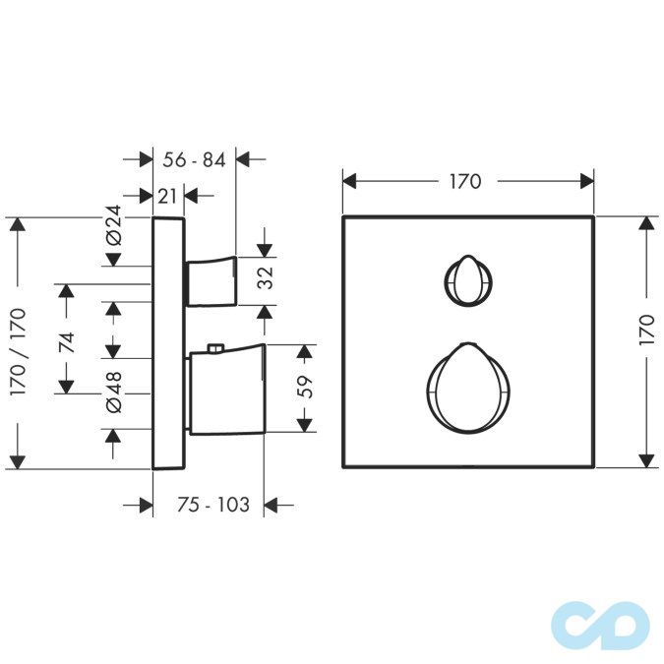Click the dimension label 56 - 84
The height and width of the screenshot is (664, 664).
[194, 160]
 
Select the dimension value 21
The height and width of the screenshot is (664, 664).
[167, 196]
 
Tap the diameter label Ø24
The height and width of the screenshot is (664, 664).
[113, 225]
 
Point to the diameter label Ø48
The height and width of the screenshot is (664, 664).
[113, 392]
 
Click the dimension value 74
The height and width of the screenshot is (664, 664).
[67, 342]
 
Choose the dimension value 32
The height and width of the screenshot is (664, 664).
[266, 278]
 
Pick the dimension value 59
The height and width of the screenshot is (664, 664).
[305, 387]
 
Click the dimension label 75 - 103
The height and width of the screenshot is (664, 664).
[213, 505]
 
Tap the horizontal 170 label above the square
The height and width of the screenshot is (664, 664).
[465, 182]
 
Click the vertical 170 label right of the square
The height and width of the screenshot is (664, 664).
[647, 330]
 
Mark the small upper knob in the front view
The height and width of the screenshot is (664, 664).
[468, 279]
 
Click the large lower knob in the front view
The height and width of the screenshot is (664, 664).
[468, 389]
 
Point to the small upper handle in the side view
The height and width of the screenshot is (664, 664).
[211, 280]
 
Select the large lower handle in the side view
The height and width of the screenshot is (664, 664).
[227, 390]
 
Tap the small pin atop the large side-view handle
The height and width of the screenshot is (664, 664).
[216, 348]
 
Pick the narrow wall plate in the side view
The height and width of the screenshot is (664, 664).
[168, 343]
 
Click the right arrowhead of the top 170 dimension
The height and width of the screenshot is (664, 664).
[587, 182]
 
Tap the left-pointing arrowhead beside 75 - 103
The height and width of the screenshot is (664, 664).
[271, 505]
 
